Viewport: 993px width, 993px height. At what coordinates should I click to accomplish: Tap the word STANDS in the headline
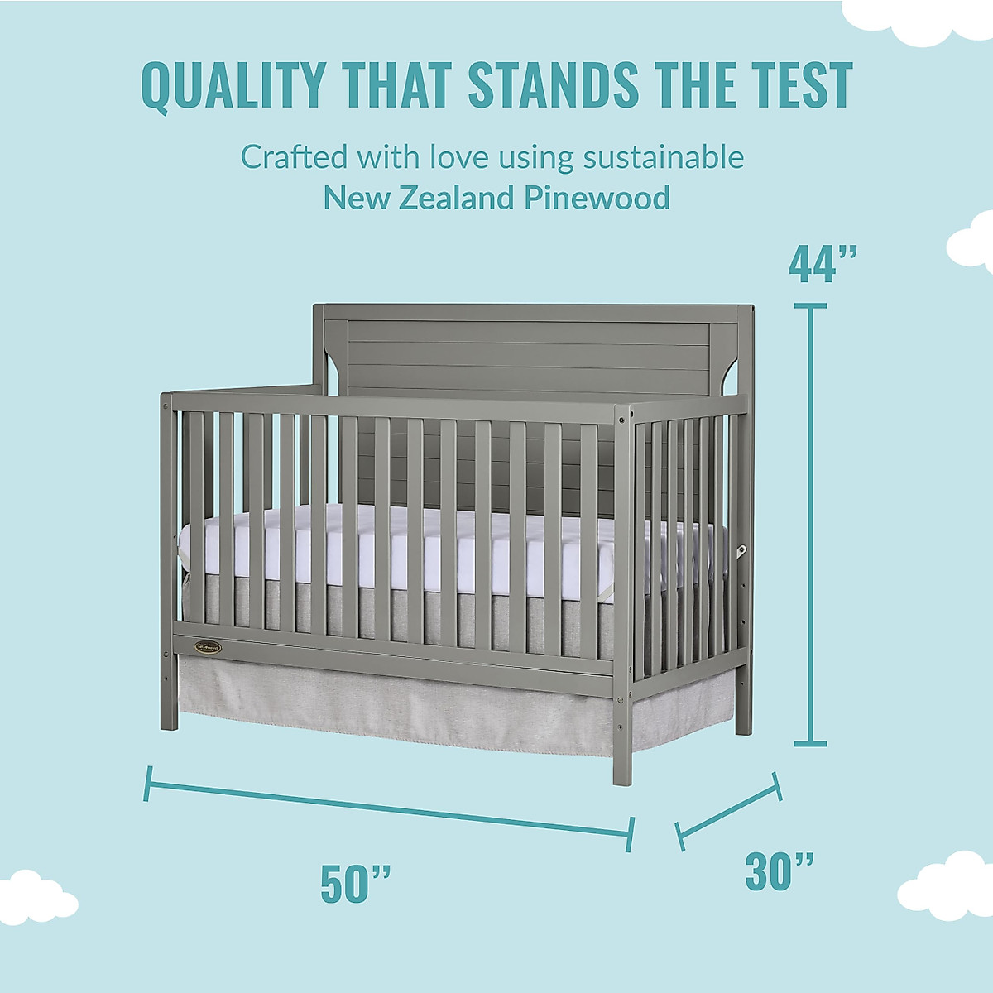pyautogui.click(x=553, y=84)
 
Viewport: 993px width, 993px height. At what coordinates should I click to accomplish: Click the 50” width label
pyautogui.click(x=356, y=883)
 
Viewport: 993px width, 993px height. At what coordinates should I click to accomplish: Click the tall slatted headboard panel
pyautogui.click(x=530, y=348)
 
